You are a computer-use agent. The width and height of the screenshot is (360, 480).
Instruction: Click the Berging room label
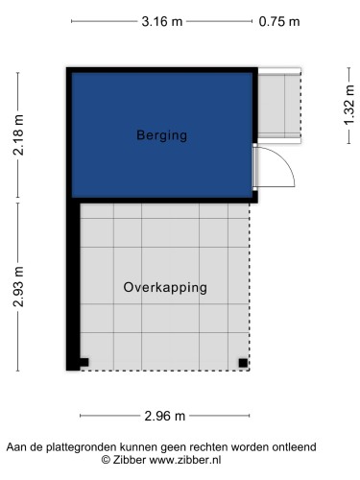tap(160, 135)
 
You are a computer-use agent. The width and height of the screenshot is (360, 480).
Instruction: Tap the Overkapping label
tap(165, 287)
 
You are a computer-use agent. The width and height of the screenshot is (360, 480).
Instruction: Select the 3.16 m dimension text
tap(161, 21)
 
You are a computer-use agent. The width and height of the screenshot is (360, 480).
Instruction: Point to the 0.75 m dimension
tap(279, 21)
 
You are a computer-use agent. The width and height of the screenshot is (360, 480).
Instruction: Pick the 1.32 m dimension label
tap(348, 105)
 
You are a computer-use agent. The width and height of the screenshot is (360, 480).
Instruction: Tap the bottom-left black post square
tap(84, 362)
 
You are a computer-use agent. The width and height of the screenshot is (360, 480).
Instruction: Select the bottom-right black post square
tap(243, 362)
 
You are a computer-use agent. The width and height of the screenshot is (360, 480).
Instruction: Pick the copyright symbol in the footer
tap(107, 461)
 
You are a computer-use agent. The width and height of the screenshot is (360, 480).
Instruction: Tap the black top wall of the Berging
tap(161, 70)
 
